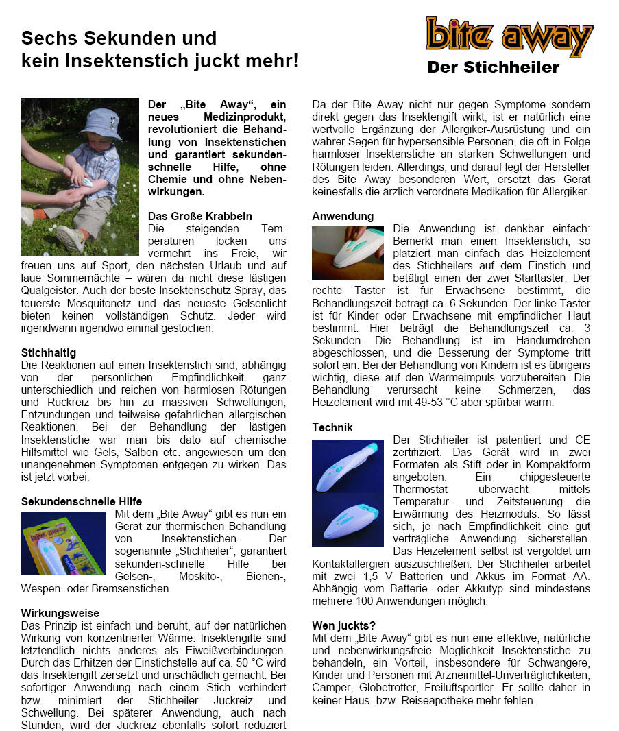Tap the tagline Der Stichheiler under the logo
click(x=493, y=67)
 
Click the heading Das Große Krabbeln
click(x=199, y=216)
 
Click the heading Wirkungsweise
click(x=60, y=613)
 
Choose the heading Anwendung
click(x=343, y=216)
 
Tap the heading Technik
click(x=332, y=427)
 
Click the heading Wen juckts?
click(x=343, y=625)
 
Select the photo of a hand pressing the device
click(x=348, y=253)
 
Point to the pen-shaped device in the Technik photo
click(x=348, y=466)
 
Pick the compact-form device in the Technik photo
click(x=348, y=517)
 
